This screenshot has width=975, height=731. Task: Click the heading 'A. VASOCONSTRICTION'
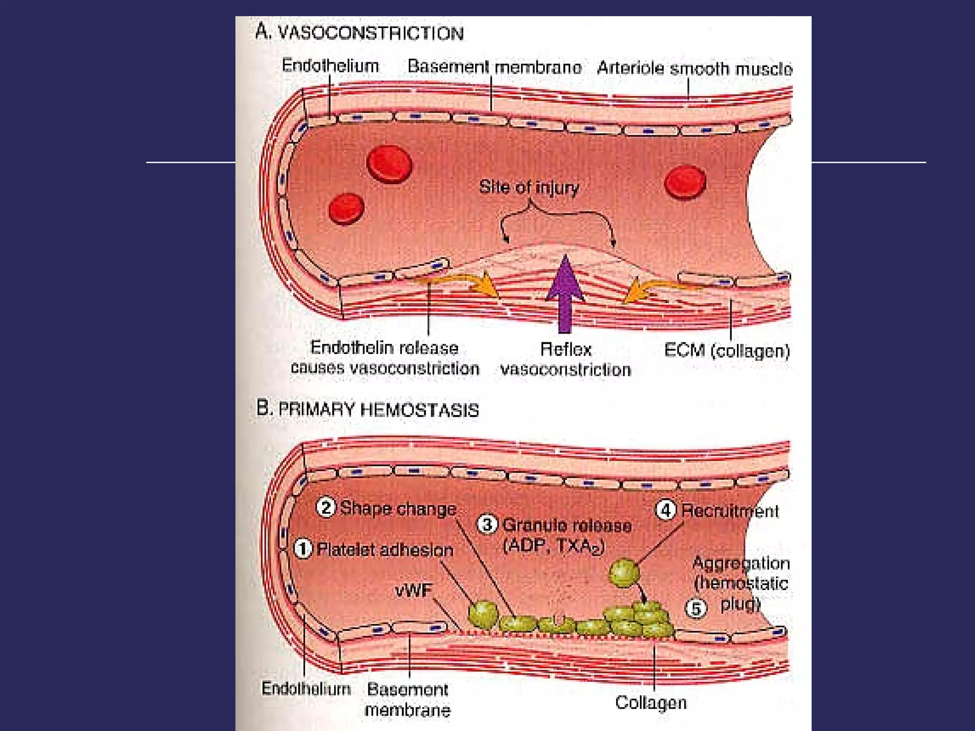pos(359,32)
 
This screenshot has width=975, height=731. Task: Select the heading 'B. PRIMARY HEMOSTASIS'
pos(367,409)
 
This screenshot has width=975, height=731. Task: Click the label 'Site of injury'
pos(529,187)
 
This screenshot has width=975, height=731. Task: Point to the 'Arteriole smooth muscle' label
pos(695,69)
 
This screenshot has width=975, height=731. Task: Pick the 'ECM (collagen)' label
pos(727,351)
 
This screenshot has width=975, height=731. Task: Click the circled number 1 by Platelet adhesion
pos(303,549)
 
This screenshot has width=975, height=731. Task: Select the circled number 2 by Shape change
pos(326,507)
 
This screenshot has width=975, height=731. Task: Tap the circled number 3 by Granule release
pos(487,524)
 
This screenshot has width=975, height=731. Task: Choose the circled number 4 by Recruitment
pos(666,510)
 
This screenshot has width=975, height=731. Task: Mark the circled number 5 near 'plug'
pos(696,608)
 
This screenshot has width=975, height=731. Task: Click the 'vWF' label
pos(414,591)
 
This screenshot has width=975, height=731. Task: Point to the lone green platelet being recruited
pos(624,573)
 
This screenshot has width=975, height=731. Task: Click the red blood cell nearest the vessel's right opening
pos(685,182)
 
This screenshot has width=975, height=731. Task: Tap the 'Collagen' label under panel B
pos(651,702)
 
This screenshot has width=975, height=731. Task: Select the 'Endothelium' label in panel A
pos(330,66)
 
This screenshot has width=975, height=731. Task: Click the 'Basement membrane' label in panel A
pos(494,67)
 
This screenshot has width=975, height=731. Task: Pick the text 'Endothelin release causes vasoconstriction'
pos(385,358)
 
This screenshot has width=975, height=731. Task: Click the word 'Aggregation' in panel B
pos(741,563)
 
